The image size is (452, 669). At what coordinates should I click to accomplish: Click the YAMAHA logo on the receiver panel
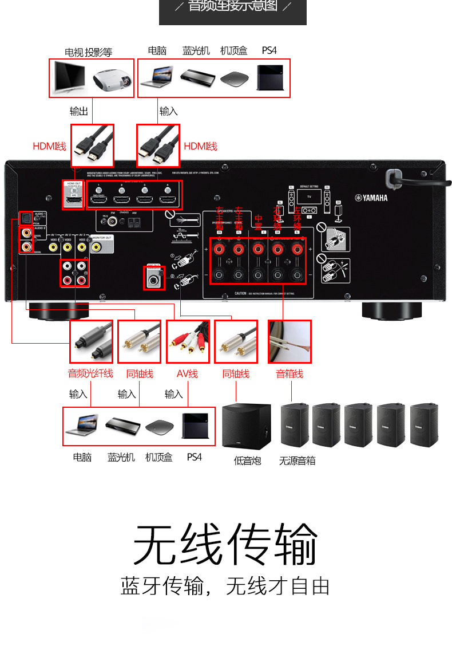pyautogui.click(x=374, y=198)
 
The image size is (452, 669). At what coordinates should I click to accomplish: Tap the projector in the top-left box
pyautogui.click(x=113, y=78)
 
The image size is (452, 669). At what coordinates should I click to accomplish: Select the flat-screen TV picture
pyautogui.click(x=69, y=78)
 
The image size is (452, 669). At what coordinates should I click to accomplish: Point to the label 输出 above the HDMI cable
pyautogui.click(x=79, y=111)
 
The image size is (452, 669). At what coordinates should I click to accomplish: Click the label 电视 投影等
pyautogui.click(x=88, y=53)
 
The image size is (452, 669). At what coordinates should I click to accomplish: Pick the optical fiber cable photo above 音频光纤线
pyautogui.click(x=91, y=341)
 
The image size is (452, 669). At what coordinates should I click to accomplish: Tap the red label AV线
pyautogui.click(x=187, y=374)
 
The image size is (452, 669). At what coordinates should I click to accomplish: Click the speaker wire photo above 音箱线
pyautogui.click(x=290, y=341)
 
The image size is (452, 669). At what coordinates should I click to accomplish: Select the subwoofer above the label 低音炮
pyautogui.click(x=247, y=426)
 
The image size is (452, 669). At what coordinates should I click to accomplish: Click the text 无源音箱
pyautogui.click(x=297, y=461)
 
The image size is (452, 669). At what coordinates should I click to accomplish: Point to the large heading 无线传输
pyautogui.click(x=225, y=544)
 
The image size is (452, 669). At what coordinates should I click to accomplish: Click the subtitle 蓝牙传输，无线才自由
pyautogui.click(x=225, y=586)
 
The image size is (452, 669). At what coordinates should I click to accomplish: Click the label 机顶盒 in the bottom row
pyautogui.click(x=158, y=457)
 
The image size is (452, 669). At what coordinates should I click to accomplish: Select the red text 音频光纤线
pyautogui.click(x=90, y=374)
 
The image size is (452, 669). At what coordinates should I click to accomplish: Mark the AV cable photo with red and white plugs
pyautogui.click(x=188, y=341)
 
